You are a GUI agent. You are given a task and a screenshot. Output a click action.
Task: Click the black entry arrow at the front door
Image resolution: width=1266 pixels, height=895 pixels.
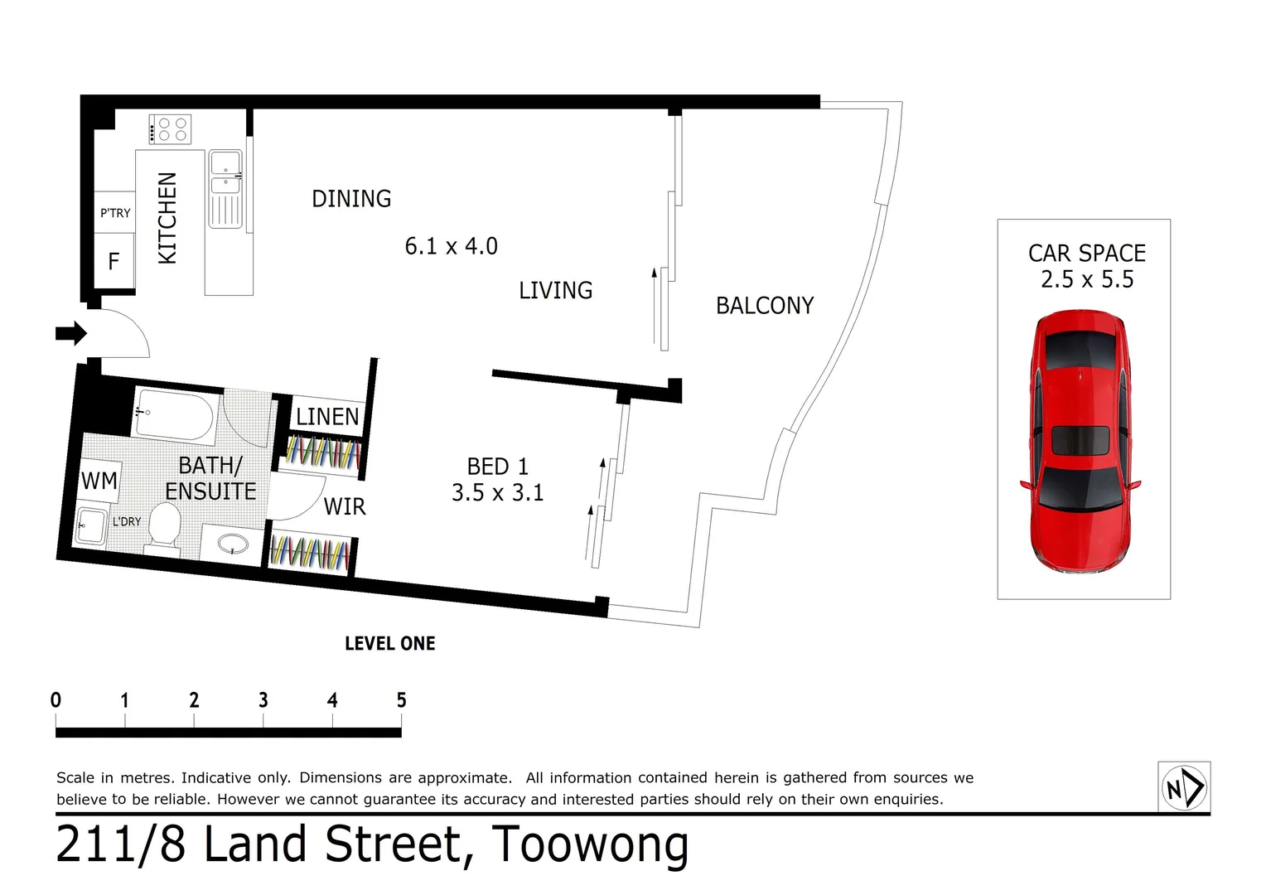pos(71,333)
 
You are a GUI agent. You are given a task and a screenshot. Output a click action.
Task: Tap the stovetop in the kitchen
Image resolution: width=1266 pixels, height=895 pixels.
pos(170,129)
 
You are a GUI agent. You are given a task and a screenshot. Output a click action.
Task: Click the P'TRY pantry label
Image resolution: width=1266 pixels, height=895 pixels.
pos(115,213)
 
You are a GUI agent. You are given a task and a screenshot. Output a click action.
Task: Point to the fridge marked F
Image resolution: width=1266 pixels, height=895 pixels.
pos(114,262)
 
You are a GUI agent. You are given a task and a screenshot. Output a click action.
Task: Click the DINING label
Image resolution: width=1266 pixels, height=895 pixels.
pos(351,199)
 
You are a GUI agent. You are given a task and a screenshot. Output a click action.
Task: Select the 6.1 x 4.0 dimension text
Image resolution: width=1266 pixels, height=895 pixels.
pos(451,246)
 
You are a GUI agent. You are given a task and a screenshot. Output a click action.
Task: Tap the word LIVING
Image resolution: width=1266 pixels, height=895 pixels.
pos(555,291)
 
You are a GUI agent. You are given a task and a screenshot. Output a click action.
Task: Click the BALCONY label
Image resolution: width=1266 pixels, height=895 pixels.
pos(764,306)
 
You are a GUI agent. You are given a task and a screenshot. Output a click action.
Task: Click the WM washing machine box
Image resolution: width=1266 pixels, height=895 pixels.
pos(99,481)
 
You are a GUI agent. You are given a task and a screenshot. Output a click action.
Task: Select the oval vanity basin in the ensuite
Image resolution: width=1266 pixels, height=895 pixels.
pos(232,544)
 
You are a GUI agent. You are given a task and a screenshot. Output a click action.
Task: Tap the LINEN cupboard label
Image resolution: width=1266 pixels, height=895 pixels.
pos(327,417)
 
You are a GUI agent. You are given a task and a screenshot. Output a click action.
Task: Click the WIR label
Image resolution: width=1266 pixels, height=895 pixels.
pos(344,506)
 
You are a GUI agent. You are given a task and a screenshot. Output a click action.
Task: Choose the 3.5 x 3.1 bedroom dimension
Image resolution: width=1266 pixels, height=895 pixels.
pos(497,493)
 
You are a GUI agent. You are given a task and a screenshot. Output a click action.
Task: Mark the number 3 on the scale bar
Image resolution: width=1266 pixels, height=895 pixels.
pos(263,700)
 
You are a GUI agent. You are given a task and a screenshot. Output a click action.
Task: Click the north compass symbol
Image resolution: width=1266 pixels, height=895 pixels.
pos(1184,786)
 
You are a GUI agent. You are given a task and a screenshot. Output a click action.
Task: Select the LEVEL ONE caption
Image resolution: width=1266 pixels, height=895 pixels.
pos(389,644)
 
